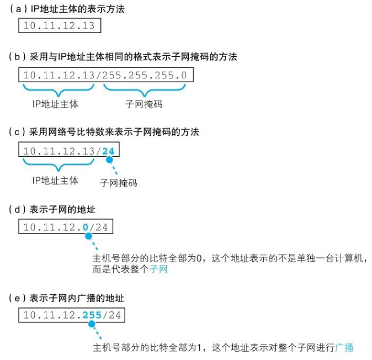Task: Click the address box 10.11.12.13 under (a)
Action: (x=59, y=26)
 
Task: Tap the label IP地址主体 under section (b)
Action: (x=55, y=104)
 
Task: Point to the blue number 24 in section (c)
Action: (x=109, y=151)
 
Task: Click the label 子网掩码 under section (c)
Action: (x=118, y=182)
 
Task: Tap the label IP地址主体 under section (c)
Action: (x=55, y=181)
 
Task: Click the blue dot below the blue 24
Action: (x=109, y=161)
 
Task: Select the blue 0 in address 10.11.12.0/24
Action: (x=85, y=226)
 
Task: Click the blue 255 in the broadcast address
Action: (x=92, y=315)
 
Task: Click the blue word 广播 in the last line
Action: (x=344, y=348)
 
